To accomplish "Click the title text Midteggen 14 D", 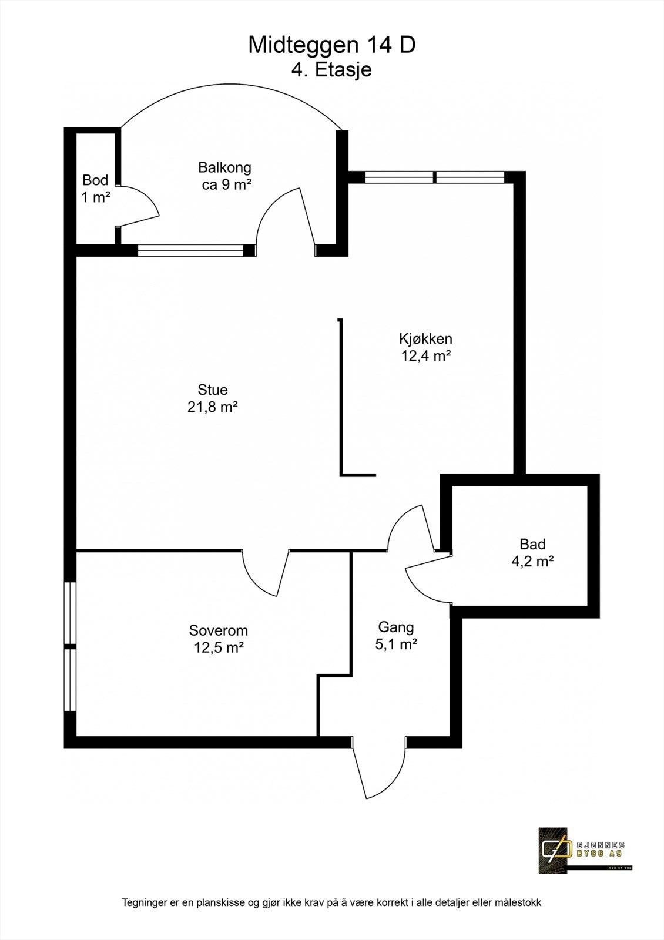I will pos(331,45).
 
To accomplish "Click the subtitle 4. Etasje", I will pos(331,70).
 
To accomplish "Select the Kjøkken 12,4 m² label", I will pos(425,347).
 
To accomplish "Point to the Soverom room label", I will pos(219,639).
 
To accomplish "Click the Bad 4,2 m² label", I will pos(532,552).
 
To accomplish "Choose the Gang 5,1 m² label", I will pos(395,635).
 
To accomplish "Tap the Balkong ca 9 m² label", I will pos(225,175).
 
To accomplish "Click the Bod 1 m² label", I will pos(95,188).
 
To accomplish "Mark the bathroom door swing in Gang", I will pos(426,582).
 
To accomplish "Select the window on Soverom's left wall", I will pos(70,646).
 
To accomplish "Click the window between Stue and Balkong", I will pos(190,251).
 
